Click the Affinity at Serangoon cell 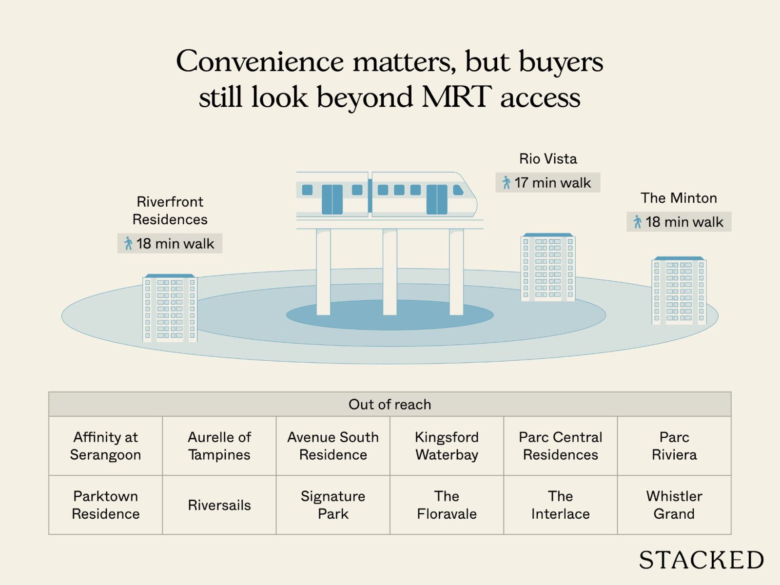point(105,446)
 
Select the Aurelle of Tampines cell point(219,446)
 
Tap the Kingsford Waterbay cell point(447,446)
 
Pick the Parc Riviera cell point(674,446)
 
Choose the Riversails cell point(219,505)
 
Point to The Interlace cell point(560,505)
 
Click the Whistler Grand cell point(674,505)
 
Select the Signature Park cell point(333,505)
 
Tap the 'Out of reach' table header point(390,404)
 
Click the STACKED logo point(701,560)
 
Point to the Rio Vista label point(548,159)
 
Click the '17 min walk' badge point(547,183)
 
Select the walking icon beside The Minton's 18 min point(637,222)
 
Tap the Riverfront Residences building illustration point(170,308)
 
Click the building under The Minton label point(679,291)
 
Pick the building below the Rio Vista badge point(548,268)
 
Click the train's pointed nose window point(459,190)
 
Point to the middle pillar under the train point(390,272)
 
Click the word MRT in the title point(457,97)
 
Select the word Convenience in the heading point(260,62)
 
